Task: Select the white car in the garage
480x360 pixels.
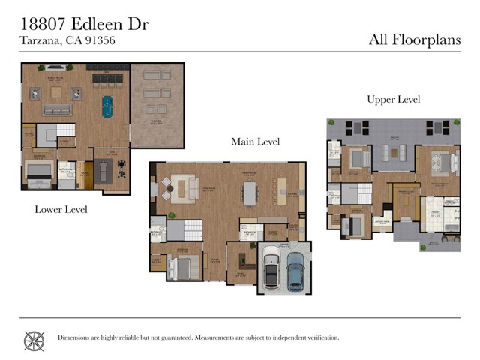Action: click(271, 269)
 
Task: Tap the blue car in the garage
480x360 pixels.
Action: click(295, 270)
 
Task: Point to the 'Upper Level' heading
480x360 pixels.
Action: click(393, 100)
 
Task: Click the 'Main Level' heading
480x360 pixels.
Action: click(255, 141)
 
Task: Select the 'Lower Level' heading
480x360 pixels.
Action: click(61, 210)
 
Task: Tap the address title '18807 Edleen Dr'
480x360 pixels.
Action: click(84, 24)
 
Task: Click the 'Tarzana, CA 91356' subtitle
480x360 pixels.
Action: click(67, 42)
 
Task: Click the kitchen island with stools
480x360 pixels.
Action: click(281, 190)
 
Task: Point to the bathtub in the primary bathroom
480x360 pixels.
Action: click(451, 225)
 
